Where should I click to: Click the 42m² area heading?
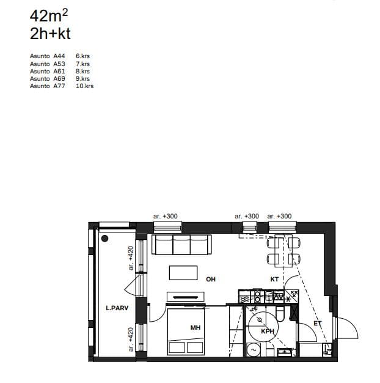point(49,16)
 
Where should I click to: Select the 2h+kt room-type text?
point(50,34)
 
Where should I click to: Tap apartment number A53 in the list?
point(59,64)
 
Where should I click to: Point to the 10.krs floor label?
point(85,86)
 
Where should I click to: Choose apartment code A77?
point(59,86)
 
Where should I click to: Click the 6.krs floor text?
point(82,56)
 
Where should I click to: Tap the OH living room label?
point(211,279)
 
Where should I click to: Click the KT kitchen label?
point(274,279)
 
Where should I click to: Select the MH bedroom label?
point(195,327)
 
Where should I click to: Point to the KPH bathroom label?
point(268,332)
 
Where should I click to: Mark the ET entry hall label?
point(318,324)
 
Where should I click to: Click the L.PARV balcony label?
point(117,308)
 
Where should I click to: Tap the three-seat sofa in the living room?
point(181,245)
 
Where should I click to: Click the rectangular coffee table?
point(183,273)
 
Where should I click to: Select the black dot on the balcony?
point(104,239)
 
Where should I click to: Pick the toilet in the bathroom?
point(280,314)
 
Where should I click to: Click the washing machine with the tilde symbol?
point(253,350)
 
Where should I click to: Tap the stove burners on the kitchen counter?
point(258,297)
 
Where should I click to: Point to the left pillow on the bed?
point(177,348)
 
